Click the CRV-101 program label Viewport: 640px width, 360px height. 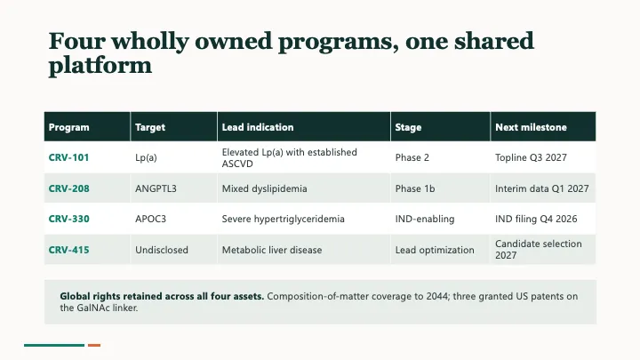pos(68,157)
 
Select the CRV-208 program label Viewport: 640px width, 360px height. pos(68,188)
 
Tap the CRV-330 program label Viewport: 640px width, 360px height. pos(68,219)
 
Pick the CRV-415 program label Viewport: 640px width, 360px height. pos(68,250)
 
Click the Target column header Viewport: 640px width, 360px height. pos(150,127)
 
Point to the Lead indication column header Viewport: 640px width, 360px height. pos(258,127)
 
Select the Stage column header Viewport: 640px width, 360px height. pos(408,127)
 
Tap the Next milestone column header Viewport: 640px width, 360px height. pos(531,127)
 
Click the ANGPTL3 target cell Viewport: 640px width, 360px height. pos(156,188)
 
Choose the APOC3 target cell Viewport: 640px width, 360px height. pos(150,219)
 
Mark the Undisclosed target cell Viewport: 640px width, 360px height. pos(162,250)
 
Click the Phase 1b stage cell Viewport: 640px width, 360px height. pos(415,188)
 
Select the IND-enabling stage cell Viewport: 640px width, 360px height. pos(425,220)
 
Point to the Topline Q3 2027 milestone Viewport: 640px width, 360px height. pos(531,157)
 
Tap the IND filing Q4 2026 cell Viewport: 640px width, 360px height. pos(536,220)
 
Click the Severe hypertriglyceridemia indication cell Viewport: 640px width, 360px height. pos(284,220)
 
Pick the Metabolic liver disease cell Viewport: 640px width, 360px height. pos(272,250)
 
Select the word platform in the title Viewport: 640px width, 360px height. pos(100,66)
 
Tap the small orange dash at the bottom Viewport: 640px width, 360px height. pos(94,345)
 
